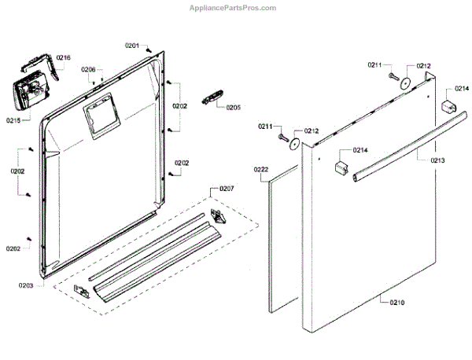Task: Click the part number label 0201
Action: (x=131, y=46)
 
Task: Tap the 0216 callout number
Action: (x=64, y=57)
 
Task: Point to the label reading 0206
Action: (x=88, y=70)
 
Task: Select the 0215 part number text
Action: (x=13, y=120)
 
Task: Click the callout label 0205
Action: (x=234, y=107)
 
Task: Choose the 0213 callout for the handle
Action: (x=437, y=160)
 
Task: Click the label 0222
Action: (x=261, y=170)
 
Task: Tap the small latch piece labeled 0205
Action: (x=209, y=97)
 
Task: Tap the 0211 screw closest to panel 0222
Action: (x=281, y=138)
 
